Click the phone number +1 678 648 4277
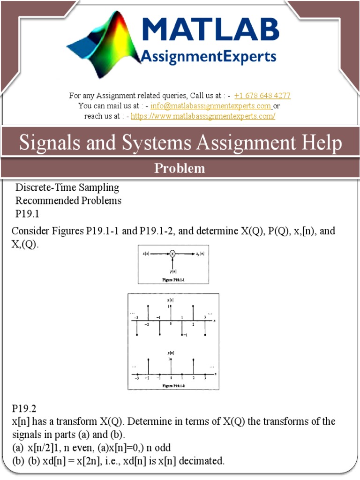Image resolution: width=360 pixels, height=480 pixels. [x=262, y=96]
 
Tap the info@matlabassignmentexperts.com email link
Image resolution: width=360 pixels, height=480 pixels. [x=211, y=106]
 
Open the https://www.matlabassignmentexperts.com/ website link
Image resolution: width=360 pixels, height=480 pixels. [x=203, y=116]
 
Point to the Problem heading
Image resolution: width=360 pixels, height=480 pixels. [x=180, y=168]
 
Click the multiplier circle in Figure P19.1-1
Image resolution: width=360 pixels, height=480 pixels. [x=172, y=254]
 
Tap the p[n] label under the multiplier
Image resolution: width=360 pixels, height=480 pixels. [x=172, y=271]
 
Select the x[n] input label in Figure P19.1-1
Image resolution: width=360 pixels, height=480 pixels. [x=146, y=254]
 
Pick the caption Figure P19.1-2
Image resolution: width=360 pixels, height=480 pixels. [x=173, y=385]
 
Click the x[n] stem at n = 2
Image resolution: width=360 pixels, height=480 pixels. [x=193, y=313]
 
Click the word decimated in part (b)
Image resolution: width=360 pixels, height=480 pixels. [x=202, y=461]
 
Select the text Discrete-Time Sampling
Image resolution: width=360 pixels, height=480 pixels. [x=67, y=188]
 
